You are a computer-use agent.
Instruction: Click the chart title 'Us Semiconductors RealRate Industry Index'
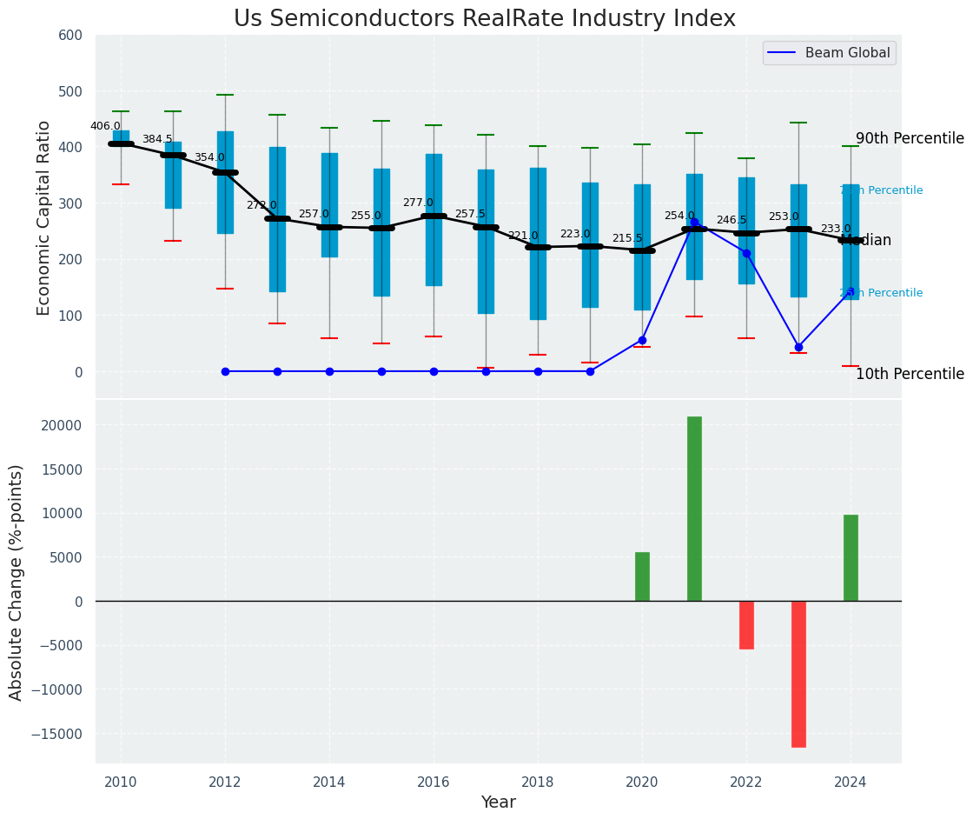(x=485, y=19)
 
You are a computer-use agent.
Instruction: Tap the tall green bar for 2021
(x=694, y=509)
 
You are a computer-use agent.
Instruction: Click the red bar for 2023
(x=798, y=674)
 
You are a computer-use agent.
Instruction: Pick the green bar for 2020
(x=642, y=576)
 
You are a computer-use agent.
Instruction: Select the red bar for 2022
(x=746, y=625)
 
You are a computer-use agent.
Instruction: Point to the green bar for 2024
(x=851, y=557)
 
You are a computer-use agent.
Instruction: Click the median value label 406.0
(x=105, y=126)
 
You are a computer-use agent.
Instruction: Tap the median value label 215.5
(x=627, y=238)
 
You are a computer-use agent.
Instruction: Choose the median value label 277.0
(x=418, y=203)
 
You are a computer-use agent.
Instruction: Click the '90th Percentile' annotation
(x=910, y=139)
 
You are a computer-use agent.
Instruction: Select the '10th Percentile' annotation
(x=910, y=375)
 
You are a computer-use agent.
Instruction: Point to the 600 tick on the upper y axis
(x=70, y=36)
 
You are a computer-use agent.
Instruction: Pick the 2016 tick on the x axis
(x=434, y=782)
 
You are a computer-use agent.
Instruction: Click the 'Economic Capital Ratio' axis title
(x=44, y=203)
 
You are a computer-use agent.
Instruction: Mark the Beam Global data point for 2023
(x=798, y=347)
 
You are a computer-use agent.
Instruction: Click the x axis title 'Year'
(x=499, y=802)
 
